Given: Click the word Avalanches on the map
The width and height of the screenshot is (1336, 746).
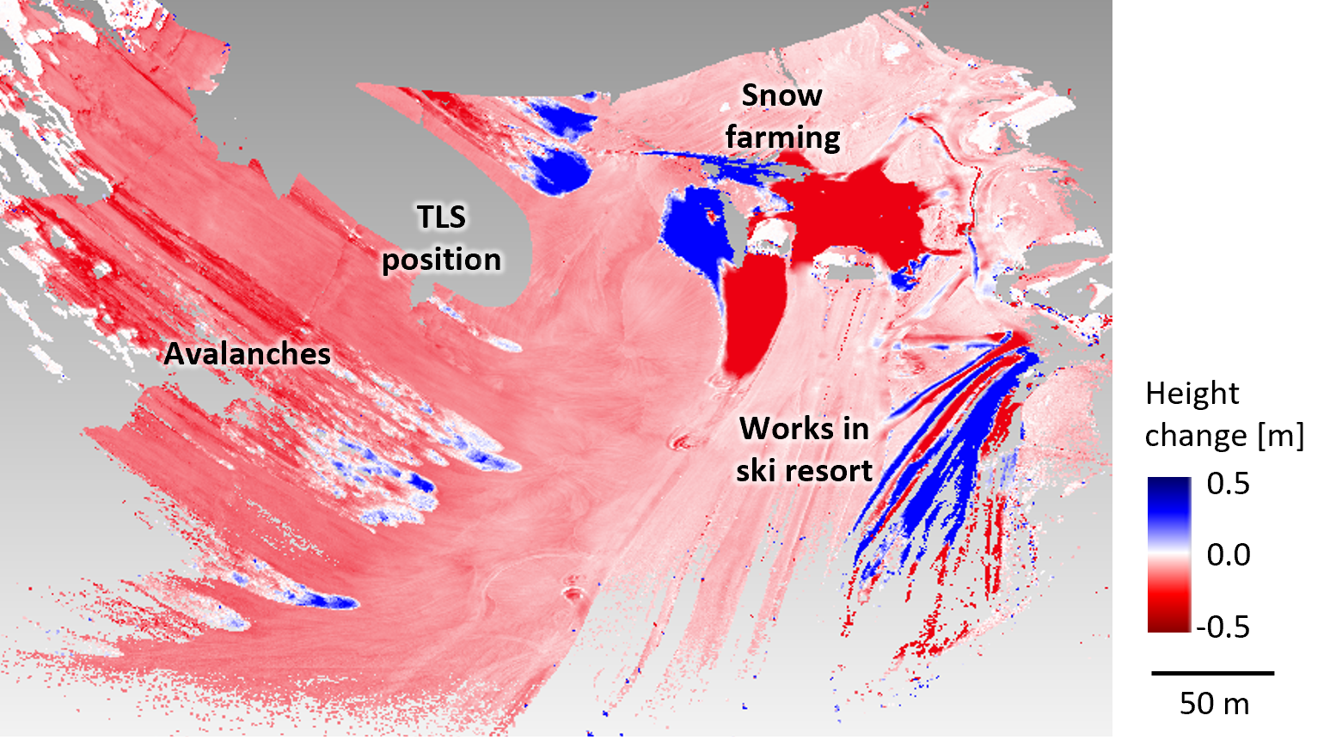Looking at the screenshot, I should coord(248,354).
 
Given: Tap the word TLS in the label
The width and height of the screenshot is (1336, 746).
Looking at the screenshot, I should coord(441,217).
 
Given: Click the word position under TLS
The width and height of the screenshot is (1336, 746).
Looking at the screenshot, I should coord(441,260).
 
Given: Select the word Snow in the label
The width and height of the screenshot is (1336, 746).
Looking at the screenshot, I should coord(781,95).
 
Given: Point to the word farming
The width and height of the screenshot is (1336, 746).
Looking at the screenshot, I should coord(782,138).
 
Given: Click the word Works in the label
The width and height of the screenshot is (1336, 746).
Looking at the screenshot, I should coord(804,428).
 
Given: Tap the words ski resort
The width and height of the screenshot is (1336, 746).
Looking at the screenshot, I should coord(804,471).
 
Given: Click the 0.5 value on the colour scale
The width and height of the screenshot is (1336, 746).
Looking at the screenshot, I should coord(1228,484).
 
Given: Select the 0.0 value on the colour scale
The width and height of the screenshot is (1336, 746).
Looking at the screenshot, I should coord(1228,555).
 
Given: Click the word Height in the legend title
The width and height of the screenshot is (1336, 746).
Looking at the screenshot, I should coord(1192,394).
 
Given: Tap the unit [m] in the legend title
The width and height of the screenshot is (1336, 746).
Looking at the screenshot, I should coord(1280,436).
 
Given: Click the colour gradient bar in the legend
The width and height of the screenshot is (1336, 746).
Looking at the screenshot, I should coord(1169,555).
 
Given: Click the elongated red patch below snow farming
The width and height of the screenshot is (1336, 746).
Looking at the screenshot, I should coord(754,318).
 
